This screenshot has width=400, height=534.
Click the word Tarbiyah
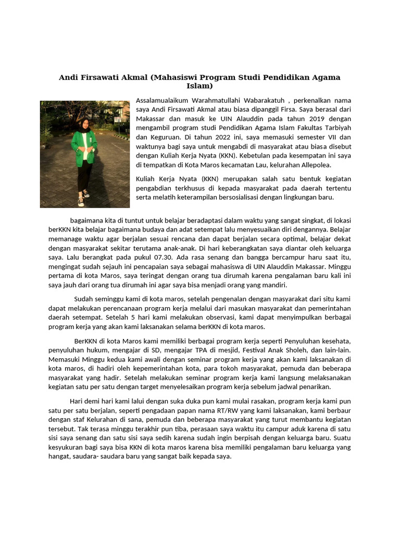click(x=335, y=128)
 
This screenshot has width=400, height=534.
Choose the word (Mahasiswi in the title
click(x=172, y=77)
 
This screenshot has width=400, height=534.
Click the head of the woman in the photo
click(x=84, y=124)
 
